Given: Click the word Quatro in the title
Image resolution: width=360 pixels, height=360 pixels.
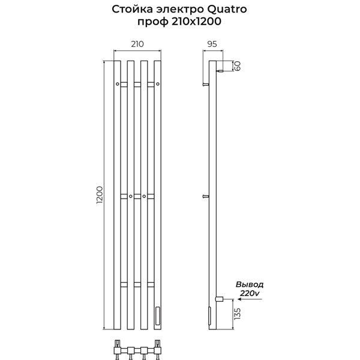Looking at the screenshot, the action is (227, 10).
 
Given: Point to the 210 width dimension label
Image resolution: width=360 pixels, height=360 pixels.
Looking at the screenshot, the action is (137, 44).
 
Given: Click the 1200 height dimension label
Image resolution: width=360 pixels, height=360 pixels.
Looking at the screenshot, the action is (100, 195).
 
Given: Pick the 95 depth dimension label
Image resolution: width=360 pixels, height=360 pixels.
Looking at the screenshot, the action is (212, 44).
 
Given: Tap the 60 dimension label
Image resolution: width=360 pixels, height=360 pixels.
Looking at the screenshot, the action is (238, 66).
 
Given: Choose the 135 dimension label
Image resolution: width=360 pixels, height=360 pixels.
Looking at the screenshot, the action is (238, 314).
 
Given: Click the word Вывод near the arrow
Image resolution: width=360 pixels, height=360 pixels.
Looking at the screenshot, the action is (250, 284).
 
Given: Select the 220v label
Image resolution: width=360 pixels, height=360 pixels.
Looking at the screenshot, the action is (250, 293).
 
